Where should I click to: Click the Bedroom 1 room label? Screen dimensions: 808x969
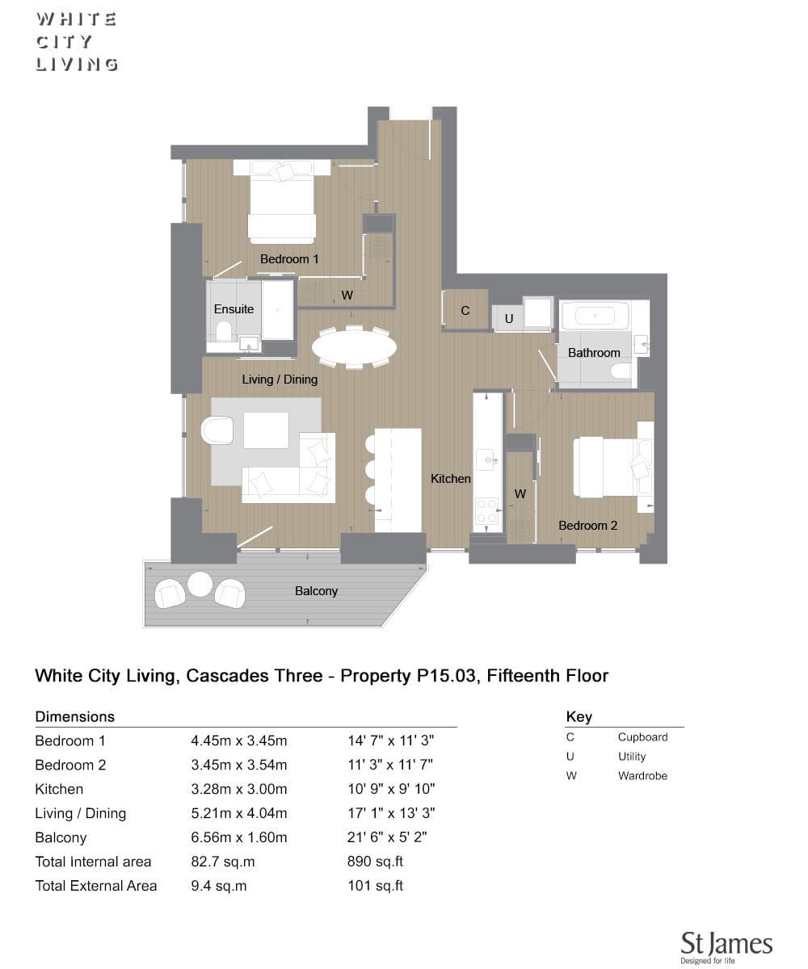pos(288,259)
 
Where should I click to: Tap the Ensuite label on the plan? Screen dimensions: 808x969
pos(234,309)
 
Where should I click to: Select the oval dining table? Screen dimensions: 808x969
pos(354,347)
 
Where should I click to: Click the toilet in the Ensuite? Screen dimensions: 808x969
pos(224,331)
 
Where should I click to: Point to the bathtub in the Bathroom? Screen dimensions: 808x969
pos(595,316)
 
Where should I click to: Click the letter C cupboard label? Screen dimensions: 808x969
pos(465,310)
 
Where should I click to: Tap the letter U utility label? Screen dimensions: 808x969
pos(508,319)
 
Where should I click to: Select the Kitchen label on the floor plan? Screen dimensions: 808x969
pos(450,479)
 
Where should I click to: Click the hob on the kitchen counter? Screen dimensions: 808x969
pos(487,510)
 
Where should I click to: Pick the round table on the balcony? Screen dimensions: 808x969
pos(200,584)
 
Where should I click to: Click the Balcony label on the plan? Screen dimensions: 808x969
pos(316,591)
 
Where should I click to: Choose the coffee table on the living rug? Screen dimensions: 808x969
pos(266,430)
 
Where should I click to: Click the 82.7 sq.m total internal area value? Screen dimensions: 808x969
pos(222,862)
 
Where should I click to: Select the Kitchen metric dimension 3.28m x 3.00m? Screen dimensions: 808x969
pos(238,789)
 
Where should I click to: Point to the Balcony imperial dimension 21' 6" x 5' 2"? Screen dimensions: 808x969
pos(387,837)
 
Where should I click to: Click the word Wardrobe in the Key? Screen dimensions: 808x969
pos(642,775)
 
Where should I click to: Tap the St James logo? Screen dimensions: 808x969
pos(726,946)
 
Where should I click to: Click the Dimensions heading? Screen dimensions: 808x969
pos(75,716)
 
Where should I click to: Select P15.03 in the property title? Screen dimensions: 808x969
pos(446,676)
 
